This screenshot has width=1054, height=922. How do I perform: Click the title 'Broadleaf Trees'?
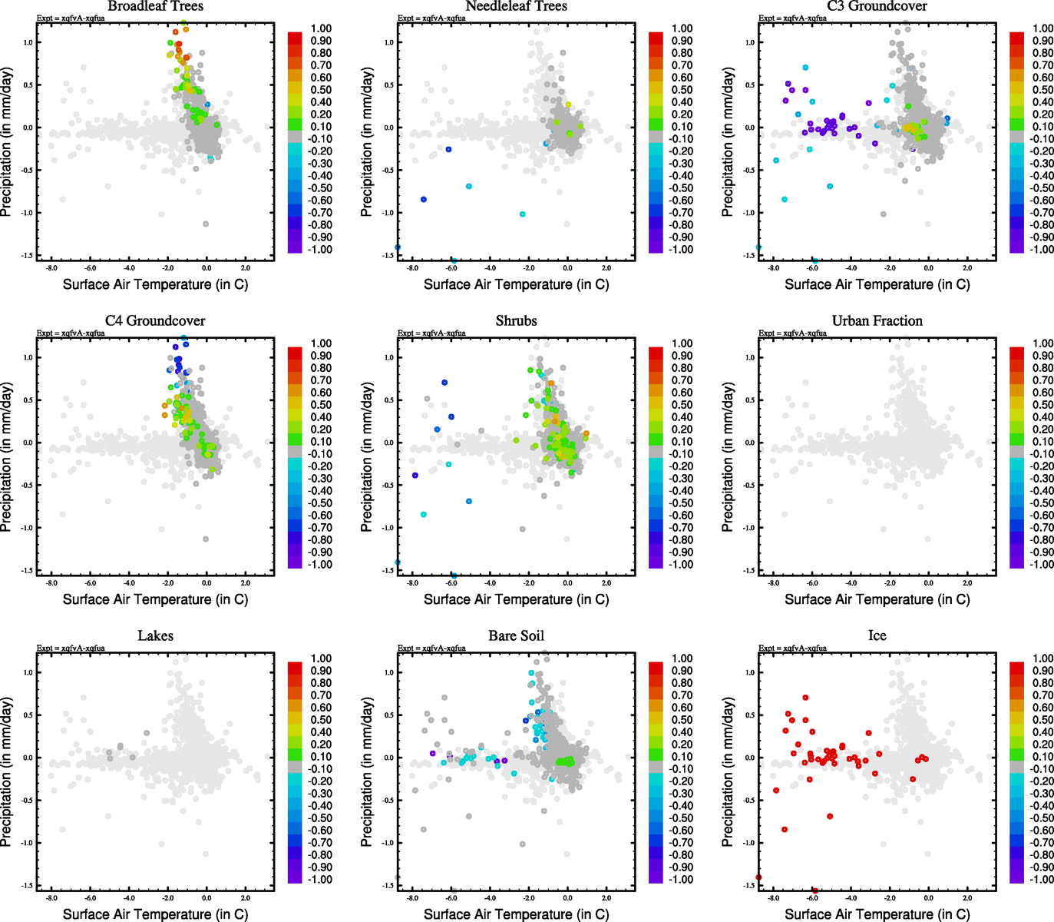tap(155, 6)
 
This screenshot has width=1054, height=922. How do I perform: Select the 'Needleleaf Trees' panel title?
tap(516, 6)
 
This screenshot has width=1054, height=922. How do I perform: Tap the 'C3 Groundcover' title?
tap(877, 6)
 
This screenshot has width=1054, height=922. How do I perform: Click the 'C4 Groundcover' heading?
tap(155, 320)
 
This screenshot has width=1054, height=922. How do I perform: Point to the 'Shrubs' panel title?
tap(516, 320)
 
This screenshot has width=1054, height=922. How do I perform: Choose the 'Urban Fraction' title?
tap(877, 320)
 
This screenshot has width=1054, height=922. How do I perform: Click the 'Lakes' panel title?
tap(155, 635)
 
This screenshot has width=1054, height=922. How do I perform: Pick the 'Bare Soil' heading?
tap(516, 635)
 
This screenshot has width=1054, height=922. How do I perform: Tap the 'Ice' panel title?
tap(877, 635)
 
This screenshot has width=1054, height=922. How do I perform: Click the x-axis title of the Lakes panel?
tap(155, 914)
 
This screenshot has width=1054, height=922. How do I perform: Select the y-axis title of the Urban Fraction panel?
tap(728, 457)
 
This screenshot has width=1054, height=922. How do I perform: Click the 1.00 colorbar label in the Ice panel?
tap(1043, 658)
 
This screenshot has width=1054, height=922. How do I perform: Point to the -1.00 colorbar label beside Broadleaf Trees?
tap(319, 249)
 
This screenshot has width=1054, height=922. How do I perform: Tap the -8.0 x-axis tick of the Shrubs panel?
tap(412, 582)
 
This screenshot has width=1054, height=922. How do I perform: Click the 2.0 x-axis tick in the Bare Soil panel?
tap(606, 897)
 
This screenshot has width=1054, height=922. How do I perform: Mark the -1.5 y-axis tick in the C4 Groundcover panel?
tap(27, 570)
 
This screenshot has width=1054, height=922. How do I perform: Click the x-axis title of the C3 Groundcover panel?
tap(877, 284)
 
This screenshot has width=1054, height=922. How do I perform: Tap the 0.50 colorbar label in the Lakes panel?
tap(321, 720)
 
